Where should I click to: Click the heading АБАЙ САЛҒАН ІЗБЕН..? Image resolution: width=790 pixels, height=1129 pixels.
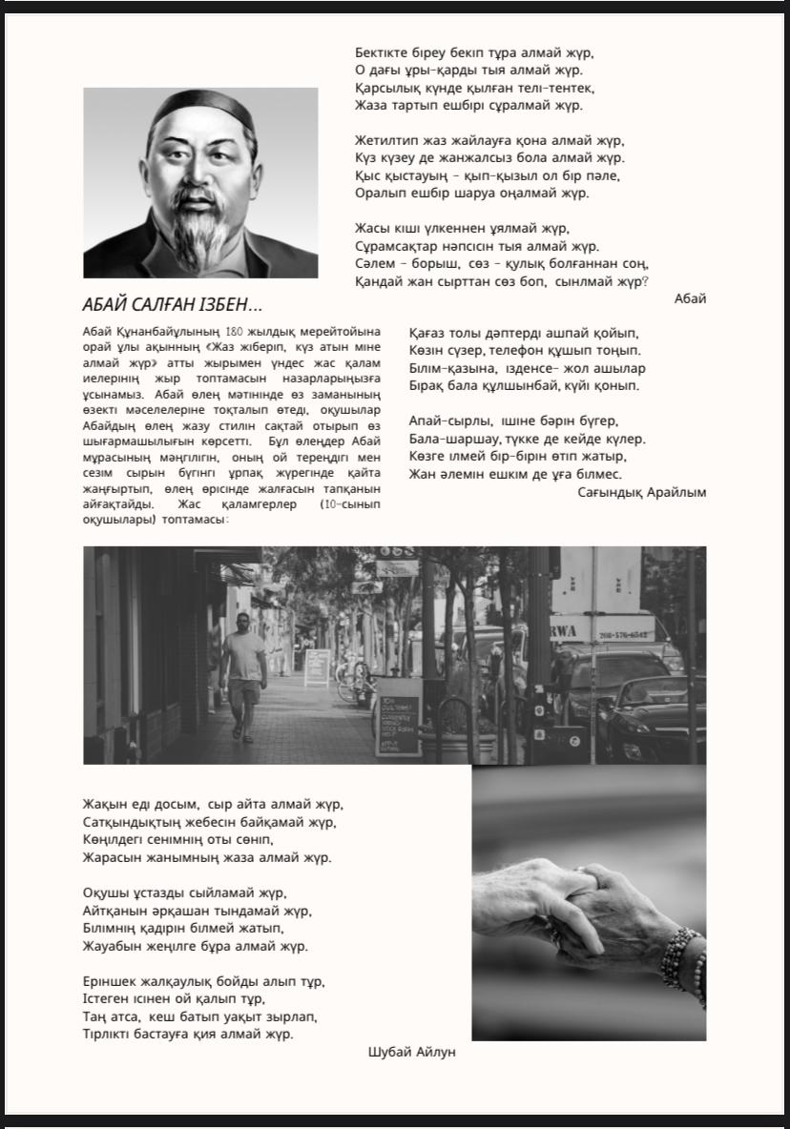[173, 305]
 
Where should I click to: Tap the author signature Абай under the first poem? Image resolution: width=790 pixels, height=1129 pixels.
[690, 298]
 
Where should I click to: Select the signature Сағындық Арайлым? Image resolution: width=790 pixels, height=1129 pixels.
[642, 492]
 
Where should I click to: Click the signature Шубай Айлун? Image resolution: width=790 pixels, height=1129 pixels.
[412, 1052]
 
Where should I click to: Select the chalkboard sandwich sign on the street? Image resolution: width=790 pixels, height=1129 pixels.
[398, 715]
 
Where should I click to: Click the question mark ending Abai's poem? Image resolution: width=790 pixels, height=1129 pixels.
[646, 281]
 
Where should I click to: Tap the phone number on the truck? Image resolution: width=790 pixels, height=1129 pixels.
[625, 634]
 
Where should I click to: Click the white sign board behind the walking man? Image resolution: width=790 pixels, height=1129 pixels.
[317, 667]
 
